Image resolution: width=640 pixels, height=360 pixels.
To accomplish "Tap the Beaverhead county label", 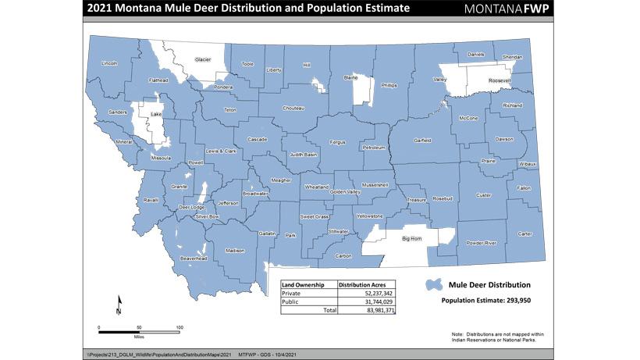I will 194,258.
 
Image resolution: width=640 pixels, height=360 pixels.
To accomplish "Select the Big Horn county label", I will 411,238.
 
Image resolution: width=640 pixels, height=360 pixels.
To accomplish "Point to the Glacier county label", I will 203,59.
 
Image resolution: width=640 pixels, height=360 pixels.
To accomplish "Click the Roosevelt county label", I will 500,80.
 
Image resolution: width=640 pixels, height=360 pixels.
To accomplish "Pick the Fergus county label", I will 337,143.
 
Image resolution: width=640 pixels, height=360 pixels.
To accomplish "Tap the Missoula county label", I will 161,158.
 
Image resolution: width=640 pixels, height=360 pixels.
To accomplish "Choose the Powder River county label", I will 481,243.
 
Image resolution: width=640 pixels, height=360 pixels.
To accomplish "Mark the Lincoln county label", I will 109,62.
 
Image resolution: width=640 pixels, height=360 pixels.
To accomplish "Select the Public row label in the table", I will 290,302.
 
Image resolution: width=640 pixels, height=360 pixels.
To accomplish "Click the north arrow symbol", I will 119,305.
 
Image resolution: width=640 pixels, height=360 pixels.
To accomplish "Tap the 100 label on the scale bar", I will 179,326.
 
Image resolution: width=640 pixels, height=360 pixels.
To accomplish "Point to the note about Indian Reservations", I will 497,336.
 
